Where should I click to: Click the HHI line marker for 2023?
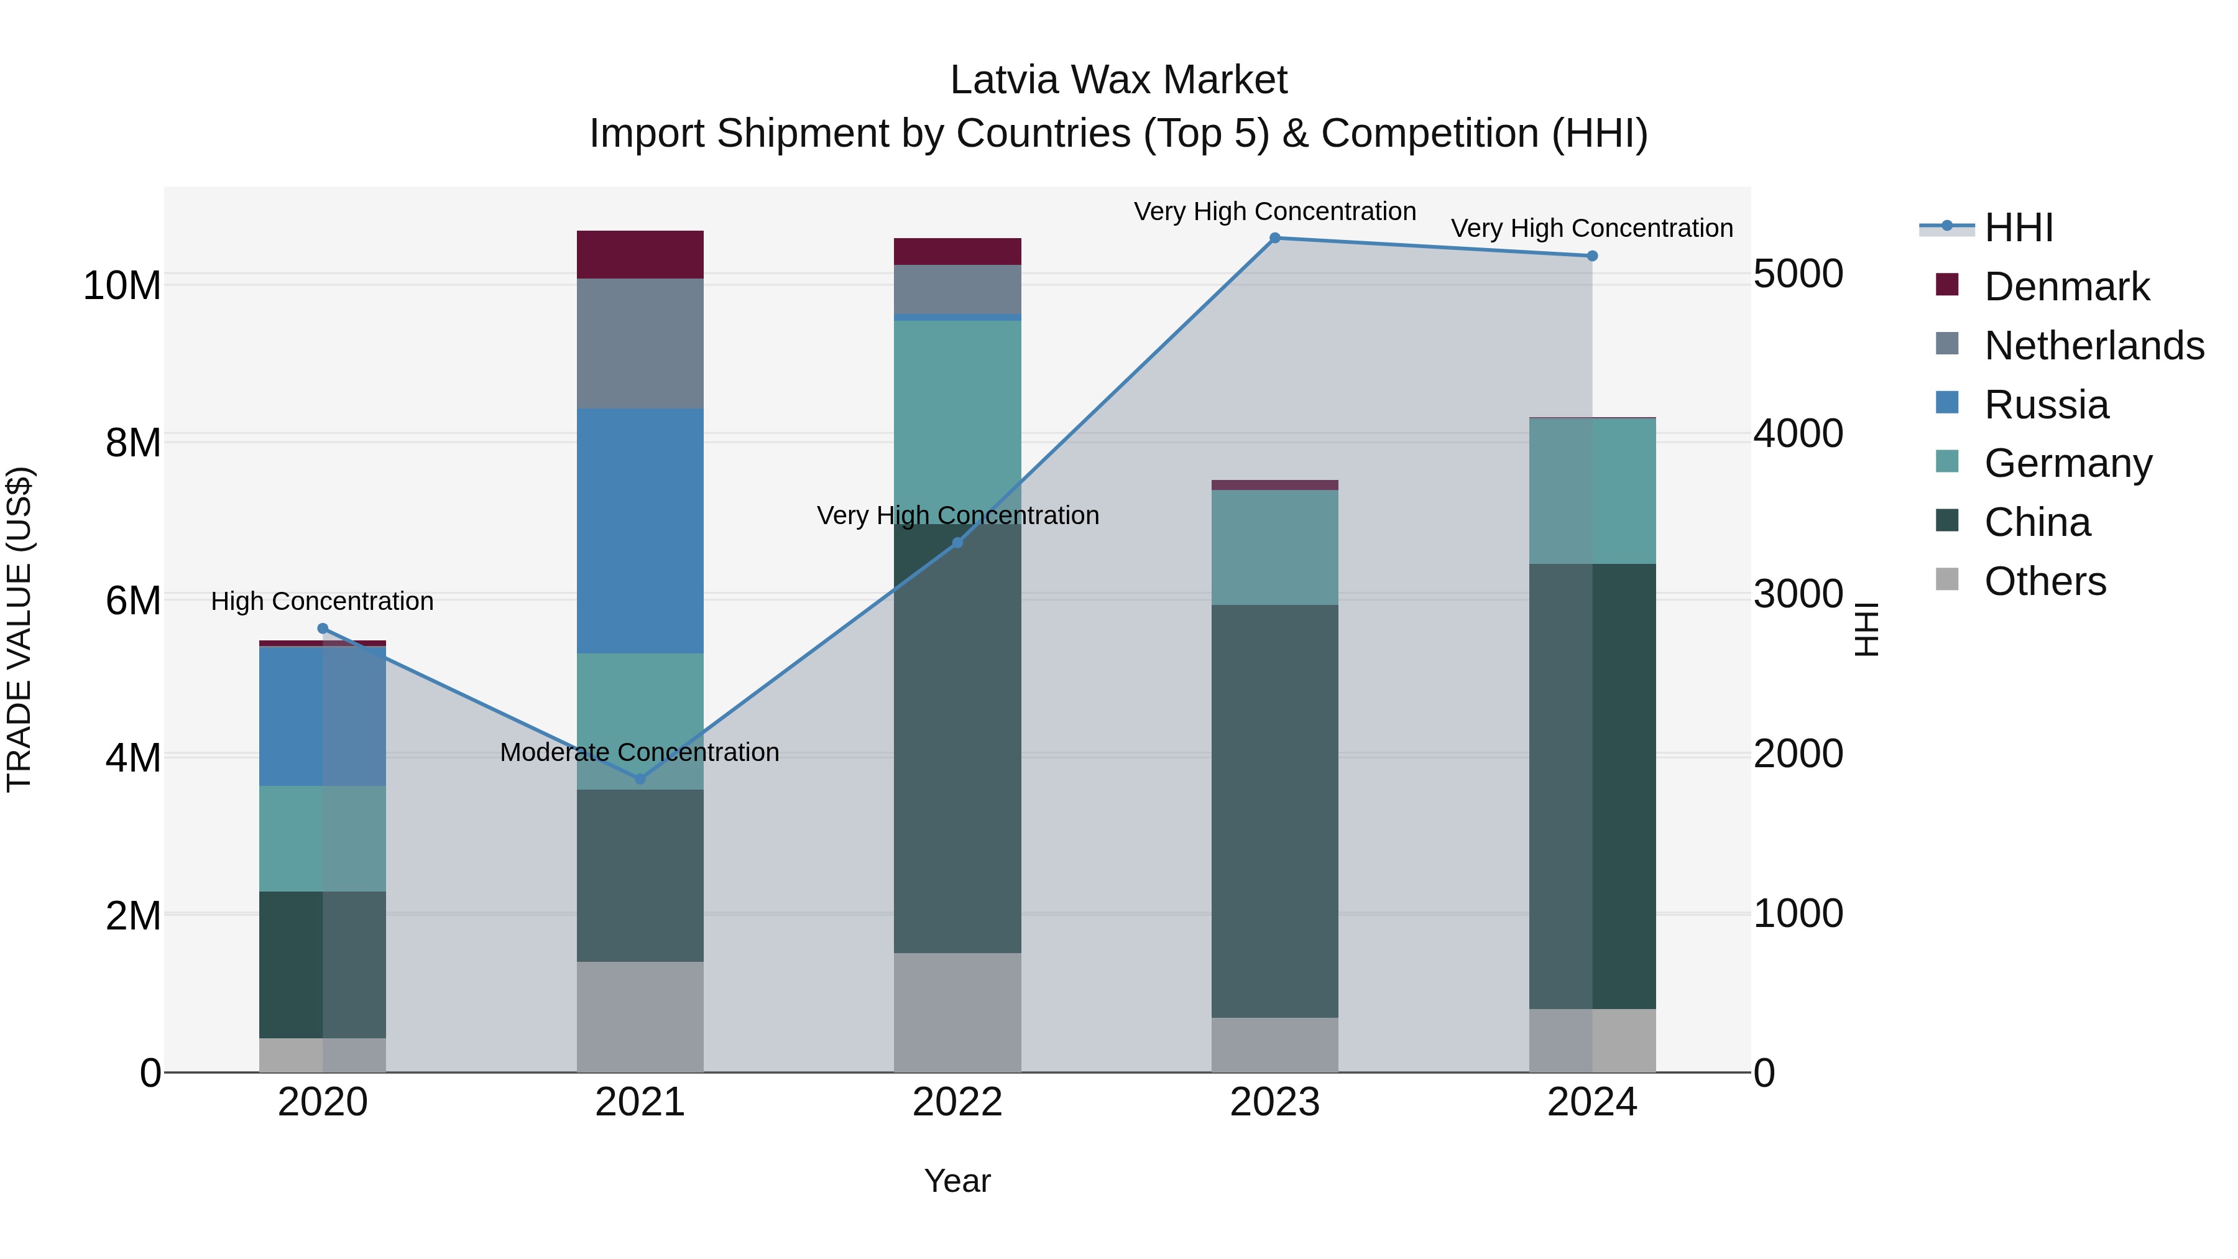1274,238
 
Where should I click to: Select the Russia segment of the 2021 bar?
640,530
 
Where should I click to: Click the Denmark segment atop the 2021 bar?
640,254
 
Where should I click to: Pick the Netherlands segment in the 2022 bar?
957,288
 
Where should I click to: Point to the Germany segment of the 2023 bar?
1274,547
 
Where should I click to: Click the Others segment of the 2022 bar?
957,1012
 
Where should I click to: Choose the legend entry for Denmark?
2066,287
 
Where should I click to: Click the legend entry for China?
2037,522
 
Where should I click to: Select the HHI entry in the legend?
2018,228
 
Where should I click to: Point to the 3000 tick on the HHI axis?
1797,594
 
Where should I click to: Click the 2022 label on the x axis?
957,1102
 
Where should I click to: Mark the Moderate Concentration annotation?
640,752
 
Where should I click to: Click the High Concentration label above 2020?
322,601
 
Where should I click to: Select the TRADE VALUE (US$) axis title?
19,629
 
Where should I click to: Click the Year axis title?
957,1181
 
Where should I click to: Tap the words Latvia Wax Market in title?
1118,80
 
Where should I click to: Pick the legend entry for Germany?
2068,463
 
